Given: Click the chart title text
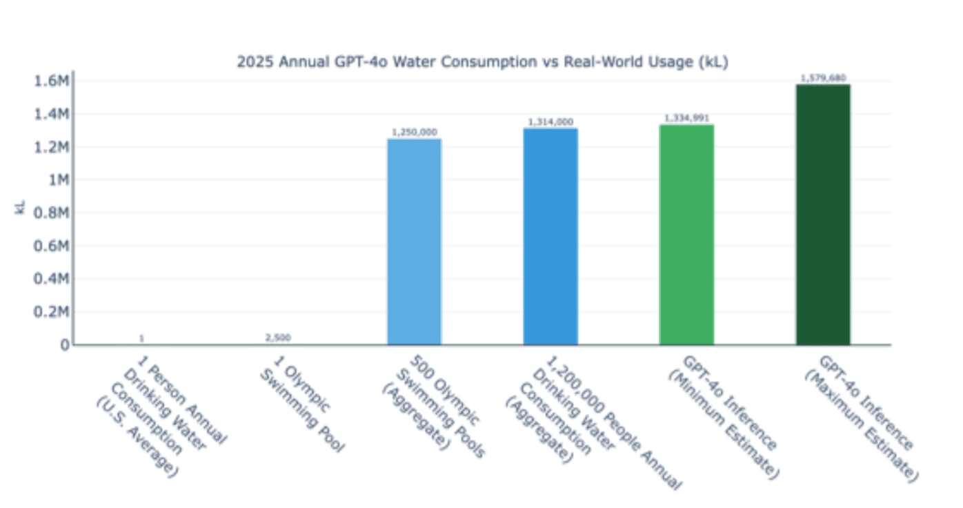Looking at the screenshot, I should (482, 61).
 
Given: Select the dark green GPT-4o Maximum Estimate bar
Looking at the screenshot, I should (823, 214).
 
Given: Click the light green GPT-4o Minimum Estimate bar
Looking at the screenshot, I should (686, 235).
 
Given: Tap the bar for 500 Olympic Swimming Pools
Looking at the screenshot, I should (414, 242).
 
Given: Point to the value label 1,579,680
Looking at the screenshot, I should (823, 78).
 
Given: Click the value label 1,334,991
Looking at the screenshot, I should (686, 119).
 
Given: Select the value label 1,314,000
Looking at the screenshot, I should (550, 122).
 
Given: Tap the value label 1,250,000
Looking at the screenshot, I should (414, 132).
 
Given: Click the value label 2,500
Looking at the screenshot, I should (278, 338).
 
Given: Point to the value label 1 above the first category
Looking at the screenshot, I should (141, 338).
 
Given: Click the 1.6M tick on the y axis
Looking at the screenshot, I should (51, 81).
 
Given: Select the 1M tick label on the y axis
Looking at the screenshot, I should (56, 180).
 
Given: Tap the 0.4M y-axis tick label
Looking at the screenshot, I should (51, 279).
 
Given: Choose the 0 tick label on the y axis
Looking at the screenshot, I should (64, 344).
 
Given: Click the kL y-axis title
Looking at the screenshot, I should (20, 208).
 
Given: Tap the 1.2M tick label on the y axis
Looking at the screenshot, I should (51, 147).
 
